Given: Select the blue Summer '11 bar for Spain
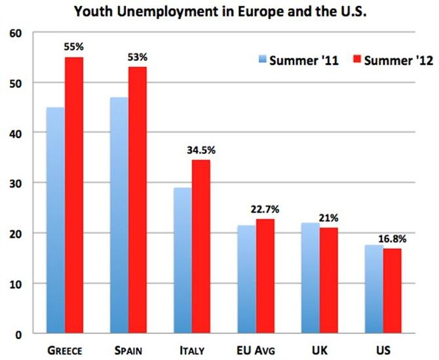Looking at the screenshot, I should point(119,216).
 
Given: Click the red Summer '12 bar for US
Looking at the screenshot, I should point(392,291).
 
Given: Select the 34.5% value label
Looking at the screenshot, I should point(201,150).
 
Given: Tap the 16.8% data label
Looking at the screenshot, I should point(392,239).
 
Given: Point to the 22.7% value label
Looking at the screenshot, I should point(265,209).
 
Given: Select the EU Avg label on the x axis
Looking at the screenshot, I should point(256,351).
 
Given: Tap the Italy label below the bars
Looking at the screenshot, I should point(192,351).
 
